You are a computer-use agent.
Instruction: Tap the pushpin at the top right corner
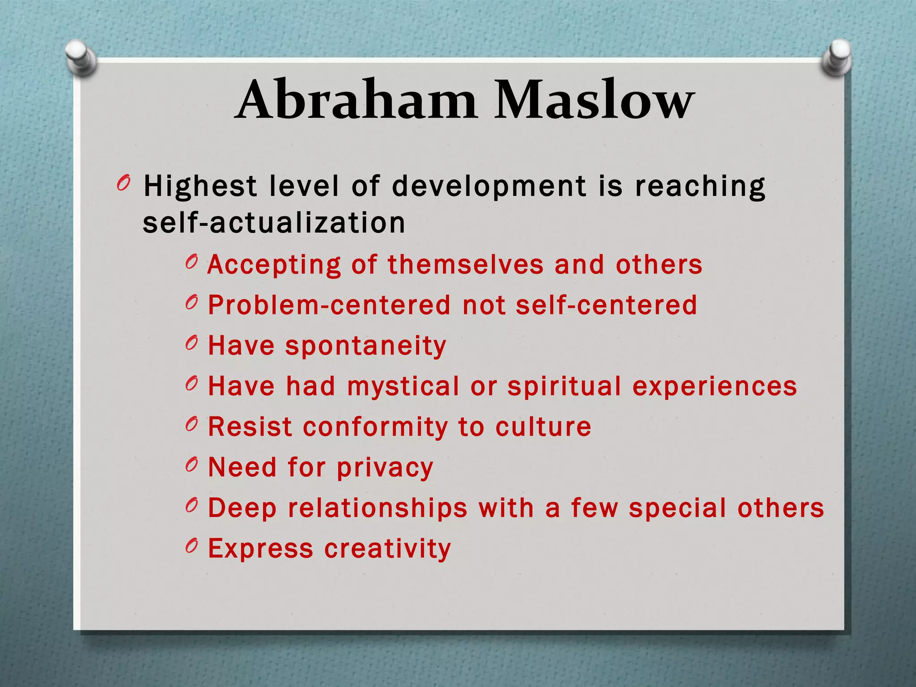[837, 58]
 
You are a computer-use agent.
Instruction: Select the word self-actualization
[274, 223]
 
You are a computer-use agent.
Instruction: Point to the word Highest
[200, 186]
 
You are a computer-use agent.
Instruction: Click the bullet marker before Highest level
[123, 183]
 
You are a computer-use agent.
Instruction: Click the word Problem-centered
[329, 305]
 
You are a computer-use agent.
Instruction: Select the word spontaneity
[366, 346]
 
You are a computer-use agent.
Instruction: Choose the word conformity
[375, 427]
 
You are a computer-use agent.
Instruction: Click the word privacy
[385, 468]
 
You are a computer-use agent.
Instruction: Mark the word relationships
[377, 508]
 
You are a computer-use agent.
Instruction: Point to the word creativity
[387, 549]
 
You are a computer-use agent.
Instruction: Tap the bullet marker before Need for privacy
[191, 465]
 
